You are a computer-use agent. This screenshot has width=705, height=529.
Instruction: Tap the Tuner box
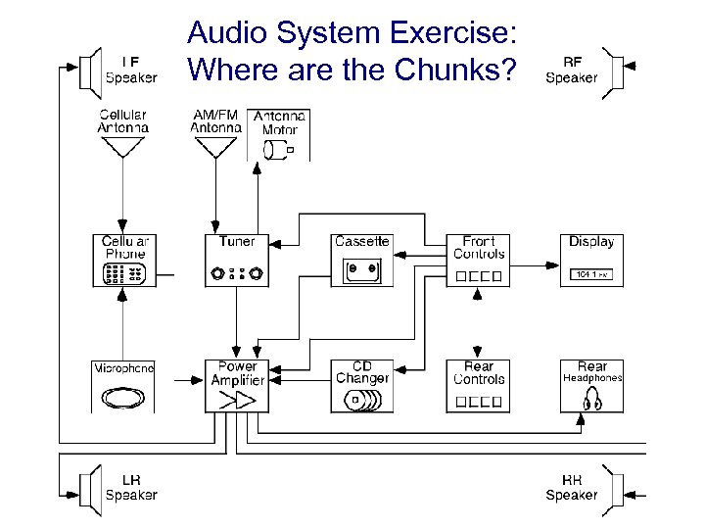[236, 261]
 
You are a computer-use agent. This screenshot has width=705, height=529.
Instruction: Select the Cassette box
[361, 261]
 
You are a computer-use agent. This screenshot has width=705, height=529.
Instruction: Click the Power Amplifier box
[236, 385]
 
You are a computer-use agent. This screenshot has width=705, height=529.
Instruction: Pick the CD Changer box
[361, 385]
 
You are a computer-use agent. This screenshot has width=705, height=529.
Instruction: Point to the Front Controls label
[479, 248]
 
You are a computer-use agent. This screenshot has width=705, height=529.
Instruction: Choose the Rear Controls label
[479, 373]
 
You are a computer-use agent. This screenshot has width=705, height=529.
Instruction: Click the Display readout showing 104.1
[590, 274]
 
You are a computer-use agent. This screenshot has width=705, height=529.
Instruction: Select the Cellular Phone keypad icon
[123, 274]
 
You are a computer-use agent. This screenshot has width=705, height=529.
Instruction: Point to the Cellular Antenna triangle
[122, 147]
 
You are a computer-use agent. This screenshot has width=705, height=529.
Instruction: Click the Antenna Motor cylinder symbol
[278, 149]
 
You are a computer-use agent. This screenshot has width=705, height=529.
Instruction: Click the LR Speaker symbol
[89, 488]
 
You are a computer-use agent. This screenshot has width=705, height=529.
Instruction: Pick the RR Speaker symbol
[616, 488]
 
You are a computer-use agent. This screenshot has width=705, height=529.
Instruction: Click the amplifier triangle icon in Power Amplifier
[238, 400]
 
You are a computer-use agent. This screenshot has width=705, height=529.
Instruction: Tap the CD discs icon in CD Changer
[363, 401]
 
